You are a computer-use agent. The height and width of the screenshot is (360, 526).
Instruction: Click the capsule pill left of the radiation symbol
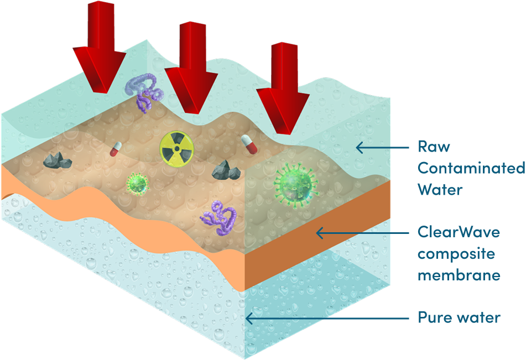(x=116, y=148)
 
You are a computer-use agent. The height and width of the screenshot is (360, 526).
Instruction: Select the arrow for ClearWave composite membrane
(x=360, y=233)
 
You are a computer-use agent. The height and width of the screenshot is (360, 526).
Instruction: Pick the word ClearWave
(x=459, y=232)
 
